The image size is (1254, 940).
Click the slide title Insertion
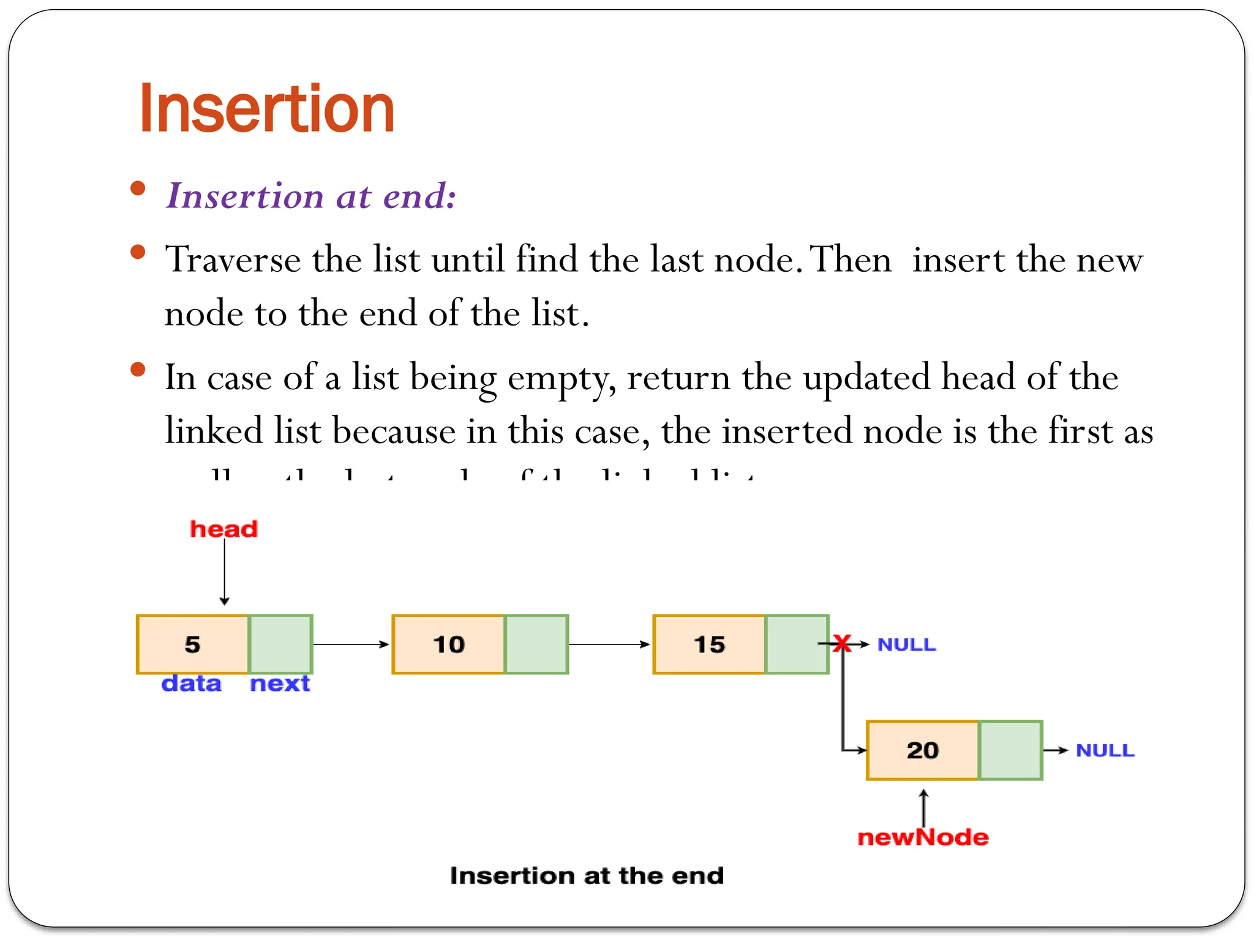pyautogui.click(x=267, y=109)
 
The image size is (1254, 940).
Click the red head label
pyautogui.click(x=223, y=529)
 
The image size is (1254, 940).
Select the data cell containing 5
pyautogui.click(x=193, y=644)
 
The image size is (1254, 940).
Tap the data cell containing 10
pyautogui.click(x=448, y=644)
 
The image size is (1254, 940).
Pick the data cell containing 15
pyautogui.click(x=709, y=644)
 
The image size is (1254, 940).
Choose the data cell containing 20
pyautogui.click(x=922, y=750)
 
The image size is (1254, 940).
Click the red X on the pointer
pyautogui.click(x=843, y=643)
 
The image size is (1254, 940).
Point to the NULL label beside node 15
pyautogui.click(x=906, y=644)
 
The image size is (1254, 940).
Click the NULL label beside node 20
pyautogui.click(x=1105, y=750)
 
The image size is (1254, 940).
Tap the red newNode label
pyautogui.click(x=923, y=837)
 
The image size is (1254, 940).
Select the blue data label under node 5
pyautogui.click(x=191, y=683)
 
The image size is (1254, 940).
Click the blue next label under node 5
pyautogui.click(x=280, y=683)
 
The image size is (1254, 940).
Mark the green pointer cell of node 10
pyautogui.click(x=536, y=644)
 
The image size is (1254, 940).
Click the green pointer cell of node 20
pyautogui.click(x=1010, y=750)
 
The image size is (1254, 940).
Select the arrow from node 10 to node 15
pyautogui.click(x=609, y=644)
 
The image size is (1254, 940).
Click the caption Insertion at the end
pyautogui.click(x=587, y=876)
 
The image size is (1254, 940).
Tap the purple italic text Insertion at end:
pyautogui.click(x=311, y=196)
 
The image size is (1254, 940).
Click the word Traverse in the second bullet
pyautogui.click(x=233, y=259)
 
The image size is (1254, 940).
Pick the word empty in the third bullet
pyautogui.click(x=561, y=378)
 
